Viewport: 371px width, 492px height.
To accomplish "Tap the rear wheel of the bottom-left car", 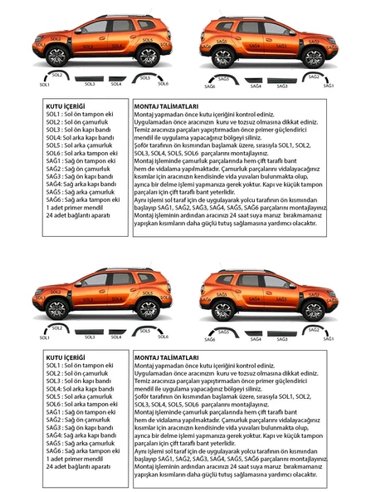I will (148, 310).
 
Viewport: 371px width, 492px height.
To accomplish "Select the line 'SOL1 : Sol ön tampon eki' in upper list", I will (81, 115).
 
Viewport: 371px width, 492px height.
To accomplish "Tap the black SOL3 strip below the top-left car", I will (90, 79).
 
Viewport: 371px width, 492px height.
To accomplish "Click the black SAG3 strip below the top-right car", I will (281, 81).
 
